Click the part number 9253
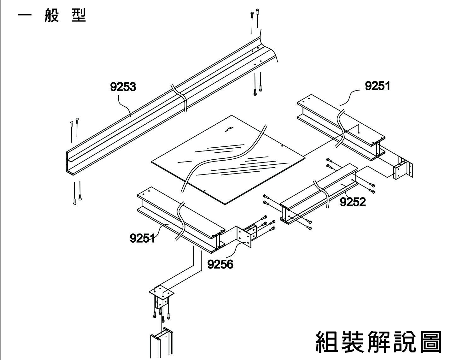pos(123,87)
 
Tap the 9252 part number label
pos(353,202)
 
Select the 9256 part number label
pos(220,264)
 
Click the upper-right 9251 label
pos(378,86)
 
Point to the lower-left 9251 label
pos(142,238)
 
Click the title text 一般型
pos(52,15)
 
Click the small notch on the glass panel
pos(229,129)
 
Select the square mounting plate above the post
pos(161,293)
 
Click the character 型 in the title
pos(79,15)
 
